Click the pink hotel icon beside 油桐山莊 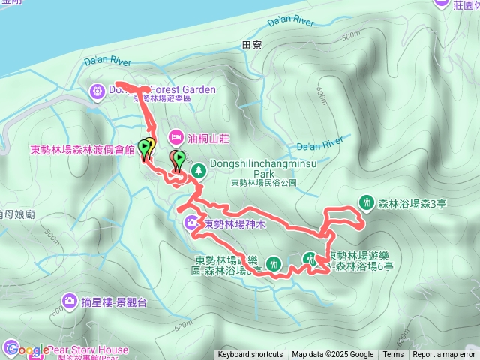tap(175, 137)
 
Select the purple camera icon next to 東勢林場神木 tap(193, 223)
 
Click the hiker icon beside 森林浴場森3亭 tap(367, 202)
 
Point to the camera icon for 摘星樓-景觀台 tap(70, 301)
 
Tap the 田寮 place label tap(253, 46)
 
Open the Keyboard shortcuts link tap(250, 355)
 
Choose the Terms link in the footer tap(393, 355)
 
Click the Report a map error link tap(444, 355)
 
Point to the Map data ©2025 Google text tap(333, 355)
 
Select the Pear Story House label tap(88, 349)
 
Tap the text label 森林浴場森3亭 tap(412, 202)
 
